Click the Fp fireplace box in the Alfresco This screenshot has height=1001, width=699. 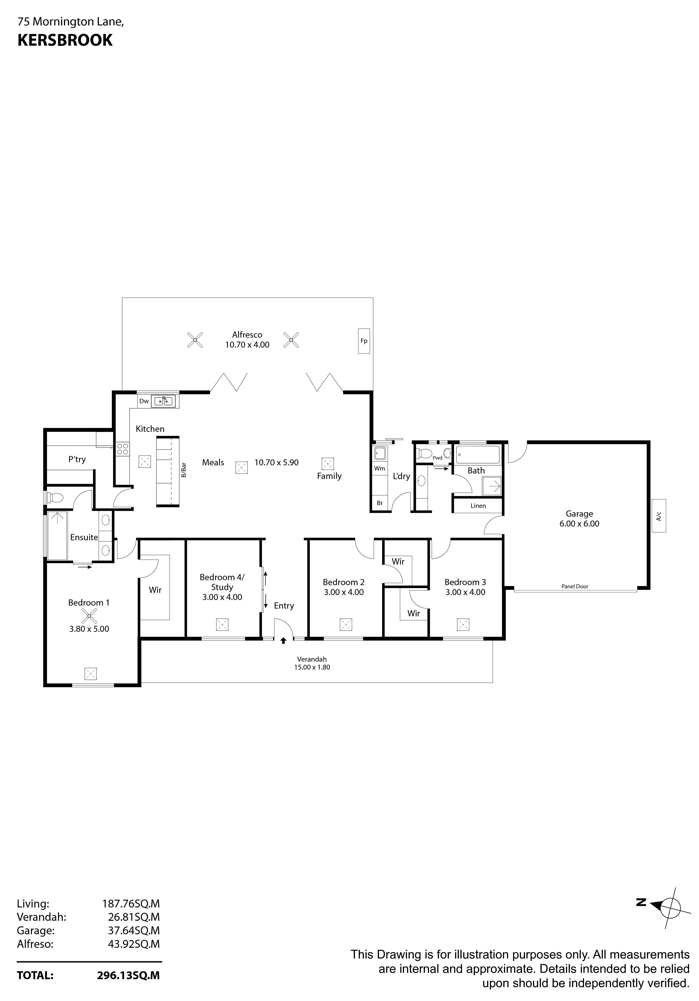point(364,341)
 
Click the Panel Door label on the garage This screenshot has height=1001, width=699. point(575,586)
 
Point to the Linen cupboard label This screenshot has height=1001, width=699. point(478,506)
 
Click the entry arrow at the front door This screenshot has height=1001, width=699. point(283,641)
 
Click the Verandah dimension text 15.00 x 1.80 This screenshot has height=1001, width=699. point(312,667)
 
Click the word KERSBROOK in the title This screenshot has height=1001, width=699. point(65,40)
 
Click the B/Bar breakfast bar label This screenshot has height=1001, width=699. point(184,470)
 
